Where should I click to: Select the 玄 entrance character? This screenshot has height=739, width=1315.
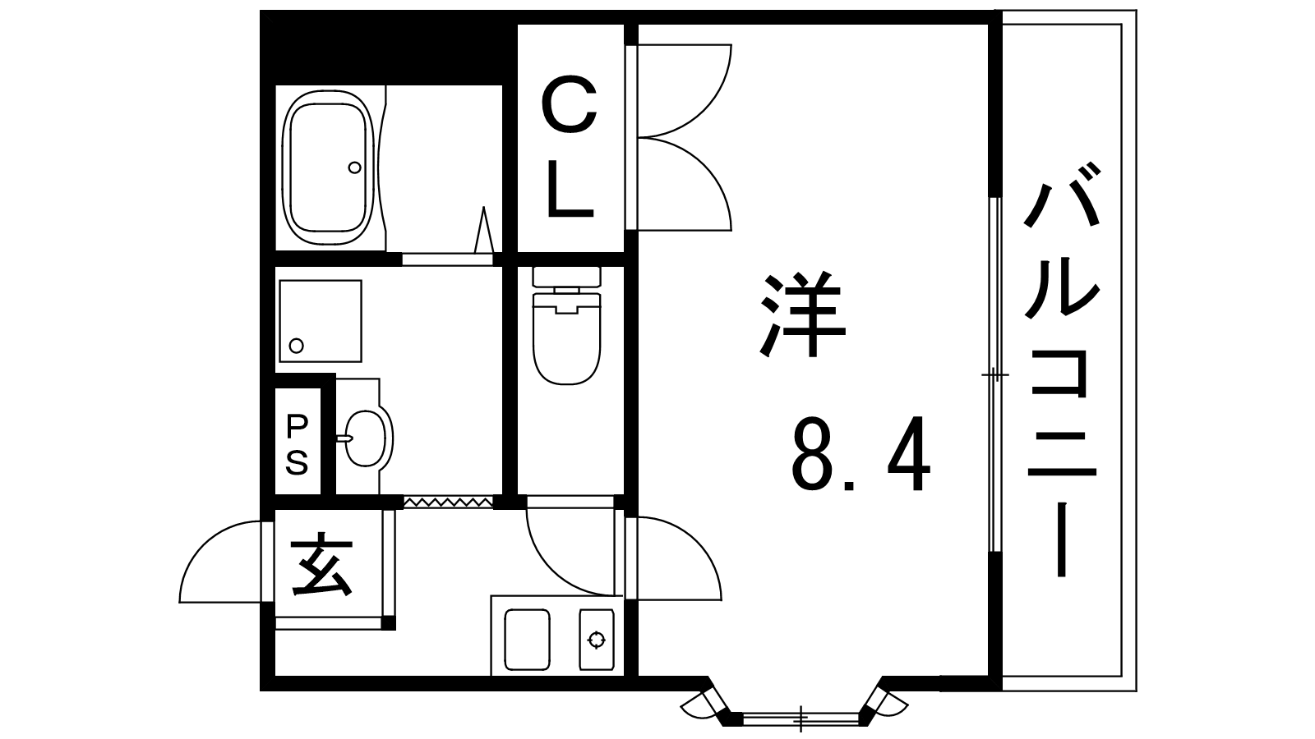click(x=324, y=564)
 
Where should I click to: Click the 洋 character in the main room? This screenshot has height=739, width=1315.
click(x=802, y=314)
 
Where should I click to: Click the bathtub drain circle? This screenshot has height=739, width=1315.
click(x=354, y=168)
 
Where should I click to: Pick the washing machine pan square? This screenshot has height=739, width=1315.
click(x=320, y=321)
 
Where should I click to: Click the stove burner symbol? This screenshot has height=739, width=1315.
click(x=597, y=640)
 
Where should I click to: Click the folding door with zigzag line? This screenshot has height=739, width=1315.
click(x=448, y=502)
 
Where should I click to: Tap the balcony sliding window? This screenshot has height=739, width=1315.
click(x=994, y=374)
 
